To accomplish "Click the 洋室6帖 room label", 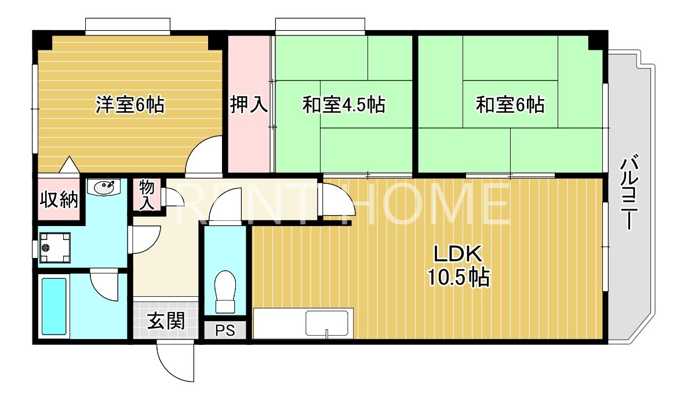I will (130, 105).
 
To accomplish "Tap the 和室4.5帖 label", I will (344, 105).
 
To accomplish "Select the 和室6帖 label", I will (510, 105).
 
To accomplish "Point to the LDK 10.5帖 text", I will (459, 266).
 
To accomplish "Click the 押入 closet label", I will (249, 105).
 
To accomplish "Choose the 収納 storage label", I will (59, 199).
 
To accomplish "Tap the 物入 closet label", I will (147, 195).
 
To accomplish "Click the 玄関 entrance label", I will (165, 321).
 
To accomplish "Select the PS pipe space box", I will (225, 330).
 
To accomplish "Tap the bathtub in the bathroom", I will (53, 306).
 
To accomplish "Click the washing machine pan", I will (54, 248).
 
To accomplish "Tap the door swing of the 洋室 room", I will (204, 157).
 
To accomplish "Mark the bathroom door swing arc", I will (104, 286).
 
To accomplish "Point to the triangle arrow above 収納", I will (68, 165).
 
